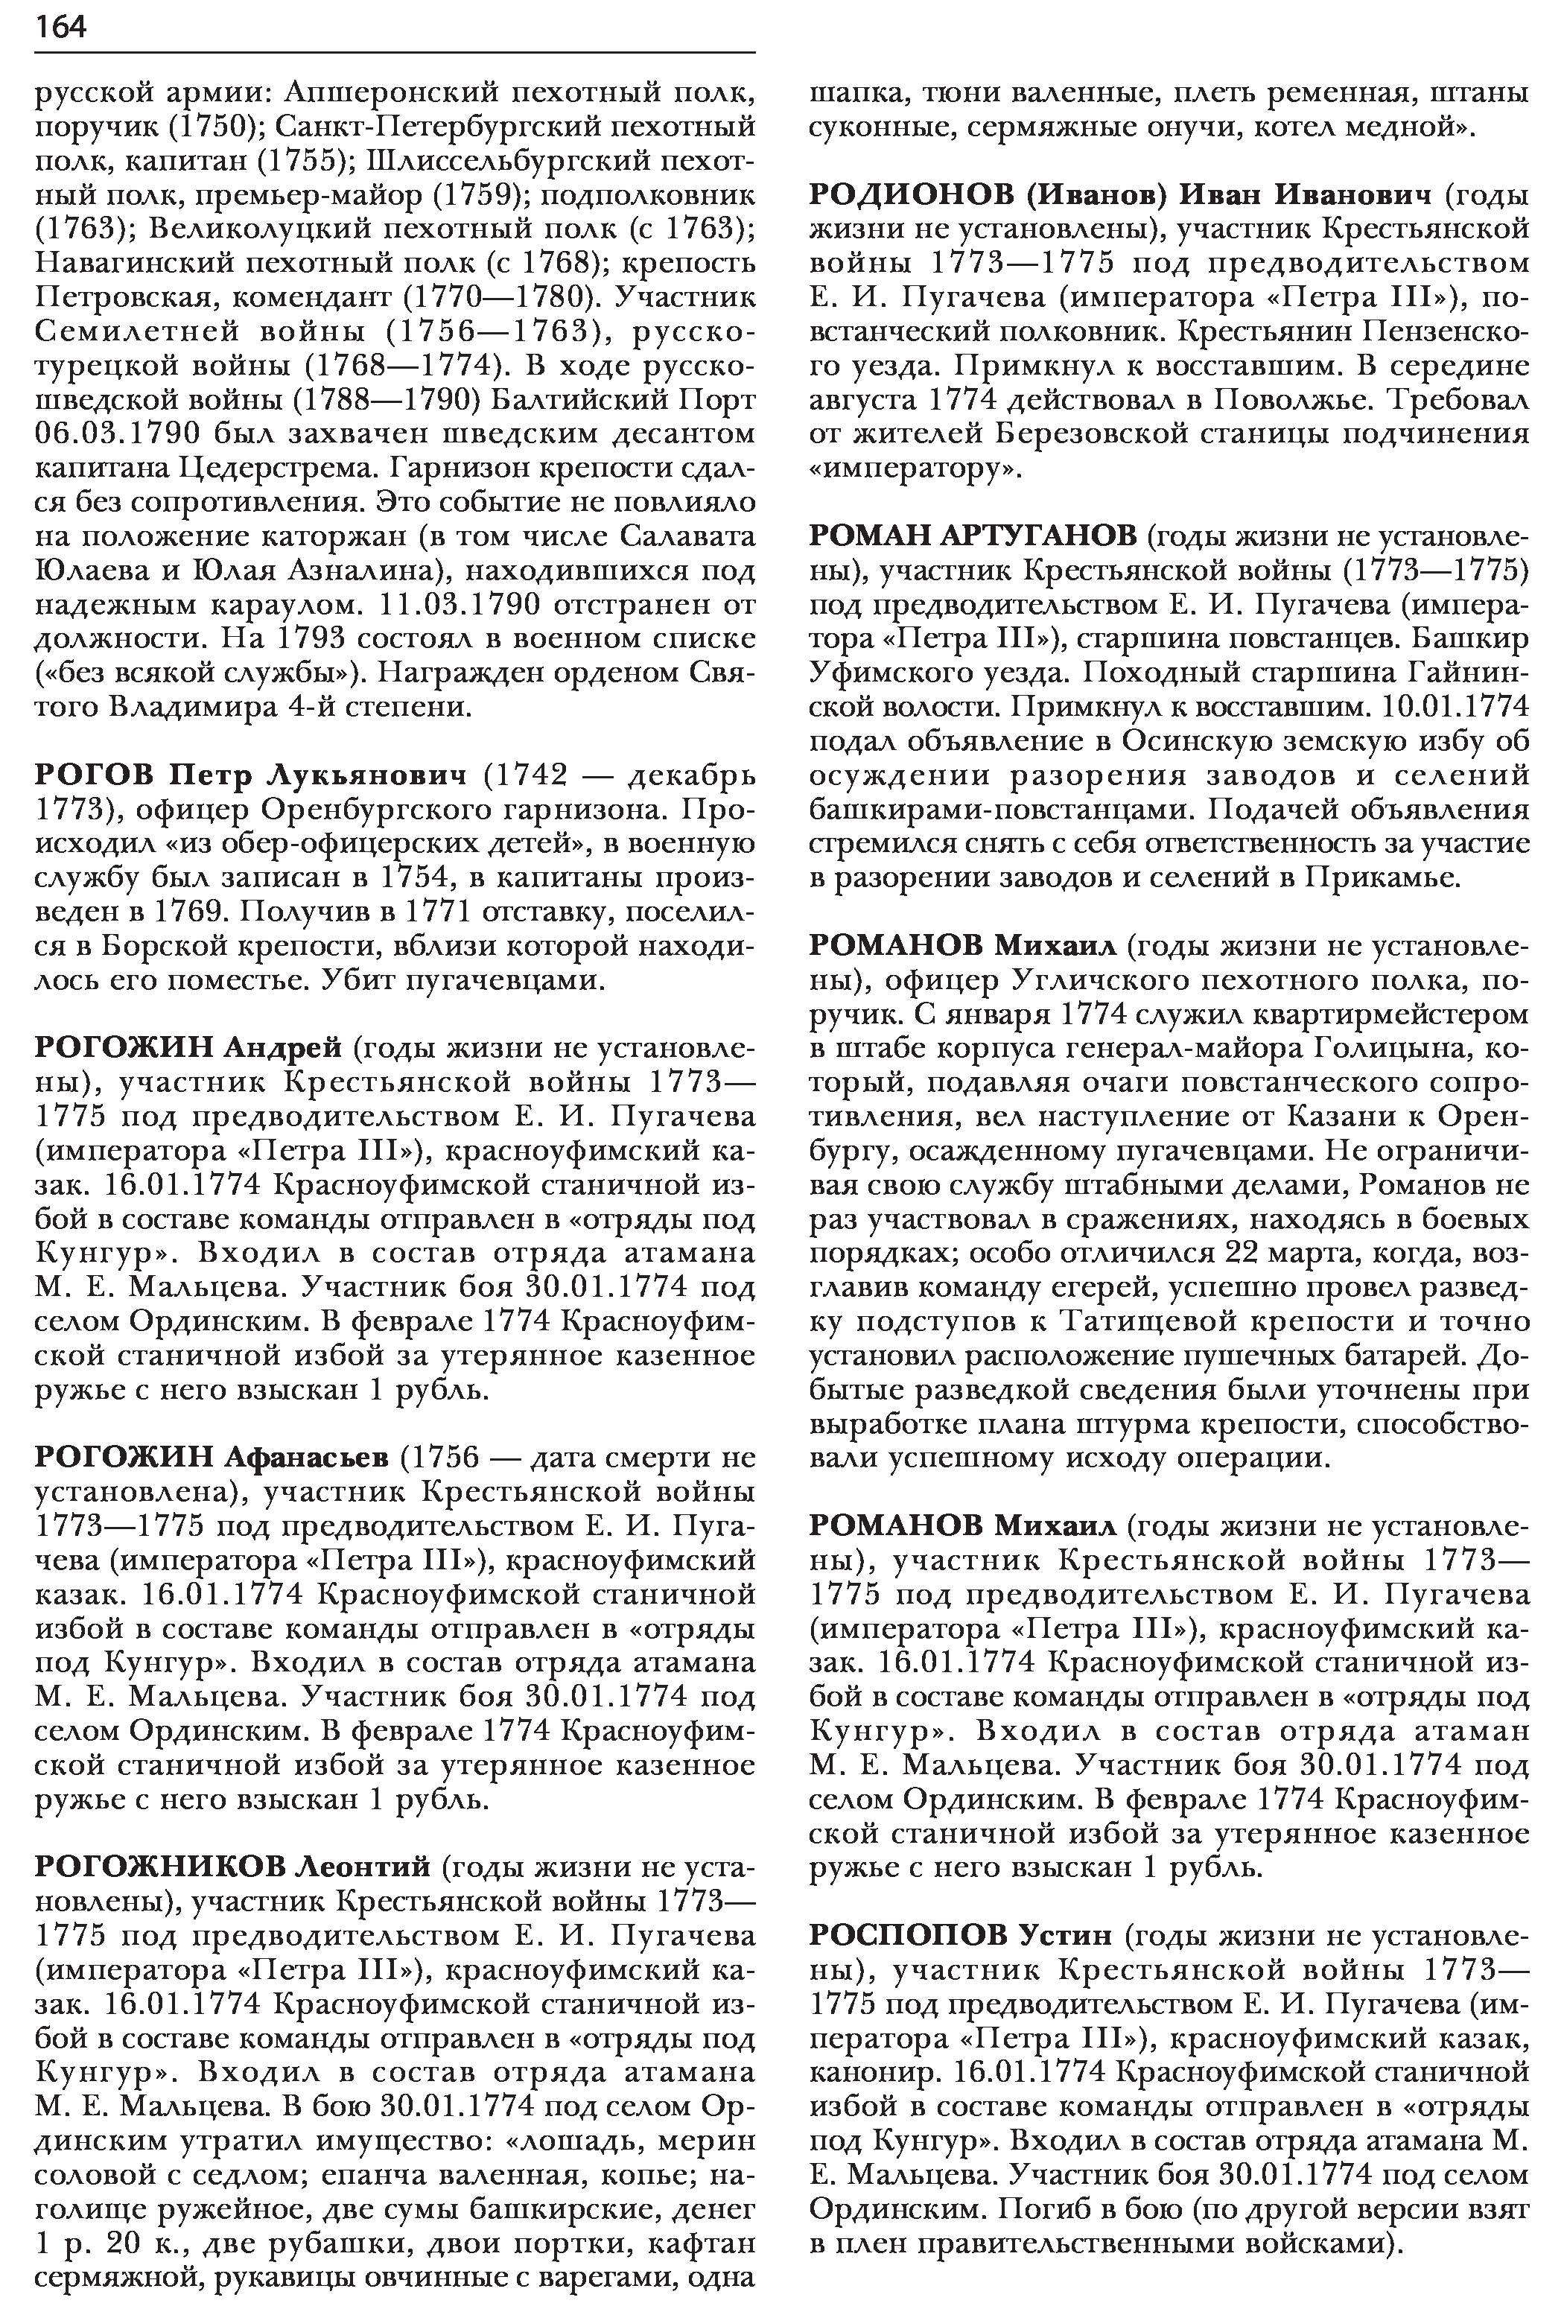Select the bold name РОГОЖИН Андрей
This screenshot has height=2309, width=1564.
click(188, 1047)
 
